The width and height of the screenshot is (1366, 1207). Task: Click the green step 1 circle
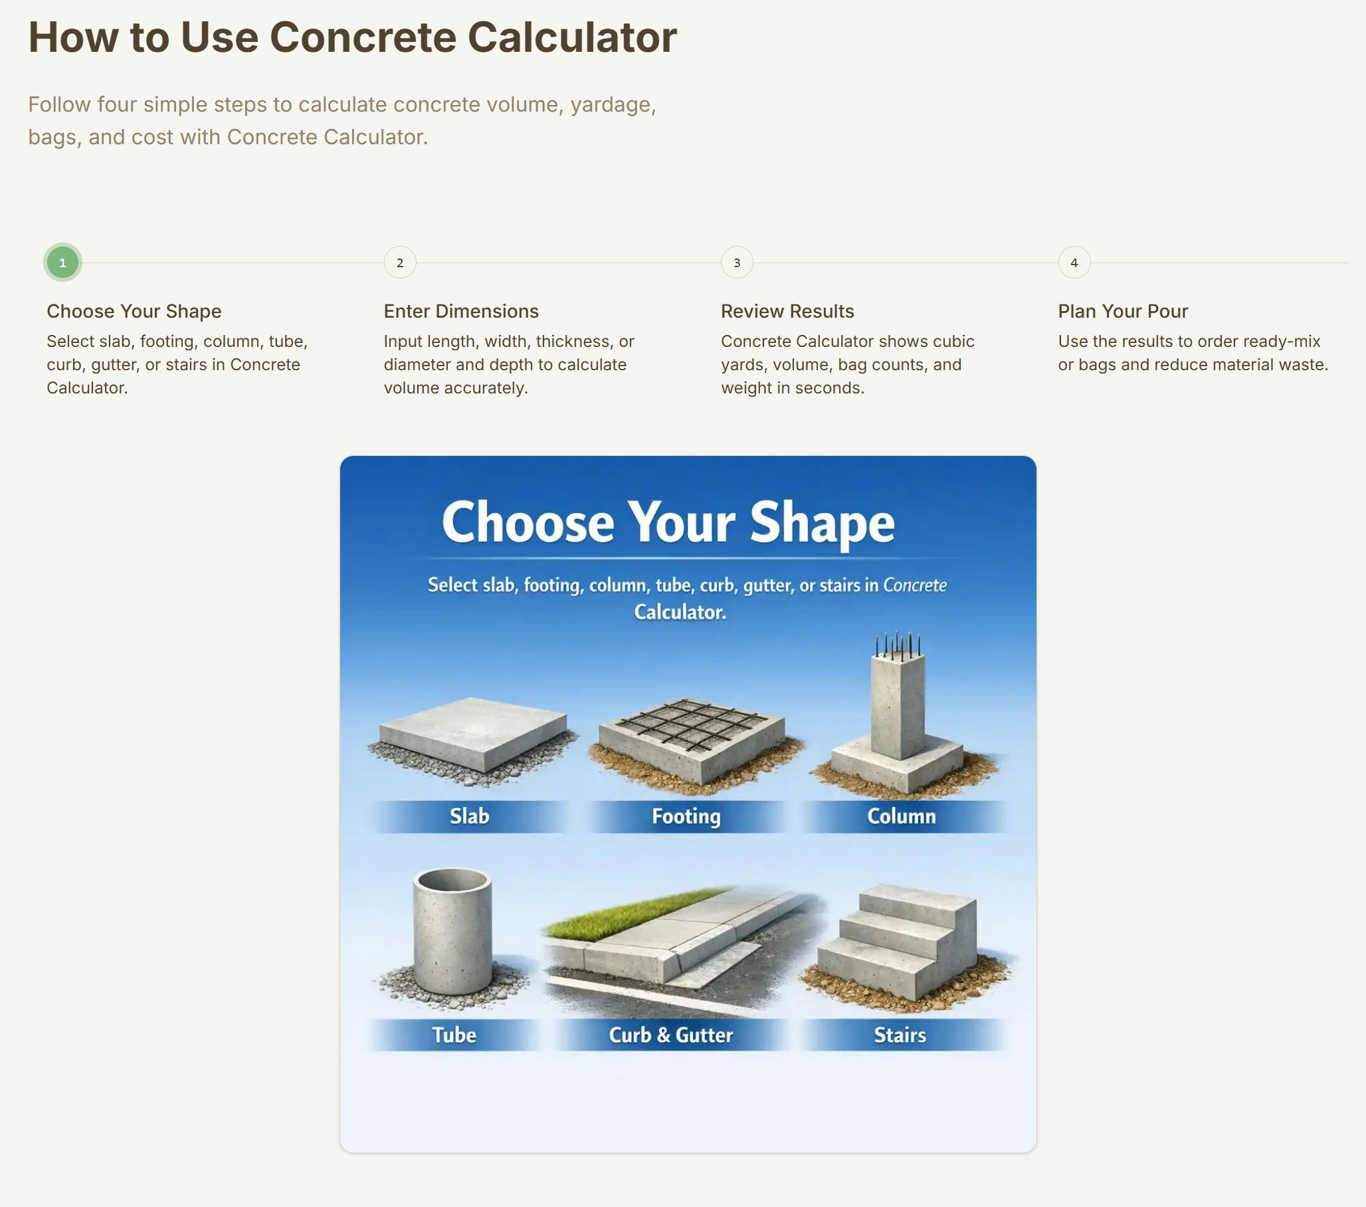pyautogui.click(x=63, y=263)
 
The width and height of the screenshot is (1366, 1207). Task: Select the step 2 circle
pyautogui.click(x=400, y=263)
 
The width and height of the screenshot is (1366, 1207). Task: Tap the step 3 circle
pyautogui.click(x=736, y=263)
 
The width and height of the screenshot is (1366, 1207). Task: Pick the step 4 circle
pyautogui.click(x=1074, y=263)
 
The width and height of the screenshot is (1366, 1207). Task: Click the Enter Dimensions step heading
pyautogui.click(x=460, y=312)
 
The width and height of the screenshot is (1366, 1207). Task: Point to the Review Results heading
pyautogui.click(x=787, y=312)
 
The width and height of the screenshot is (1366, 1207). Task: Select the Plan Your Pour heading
pyautogui.click(x=1123, y=312)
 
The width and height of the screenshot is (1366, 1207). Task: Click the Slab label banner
pyautogui.click(x=469, y=816)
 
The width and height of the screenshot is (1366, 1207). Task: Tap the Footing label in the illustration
pyautogui.click(x=686, y=816)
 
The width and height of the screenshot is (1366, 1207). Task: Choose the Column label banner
pyautogui.click(x=902, y=816)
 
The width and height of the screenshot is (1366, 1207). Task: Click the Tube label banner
pyautogui.click(x=454, y=1035)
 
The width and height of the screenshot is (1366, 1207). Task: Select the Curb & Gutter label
pyautogui.click(x=671, y=1035)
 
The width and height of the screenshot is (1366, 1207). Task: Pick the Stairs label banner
pyautogui.click(x=900, y=1035)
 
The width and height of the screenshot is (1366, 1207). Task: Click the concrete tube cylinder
pyautogui.click(x=452, y=936)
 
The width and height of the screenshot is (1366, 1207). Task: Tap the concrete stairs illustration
pyautogui.click(x=899, y=943)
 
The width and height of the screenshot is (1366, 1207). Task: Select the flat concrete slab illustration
pyautogui.click(x=472, y=732)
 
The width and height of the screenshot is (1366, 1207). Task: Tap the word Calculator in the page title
pyautogui.click(x=571, y=37)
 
